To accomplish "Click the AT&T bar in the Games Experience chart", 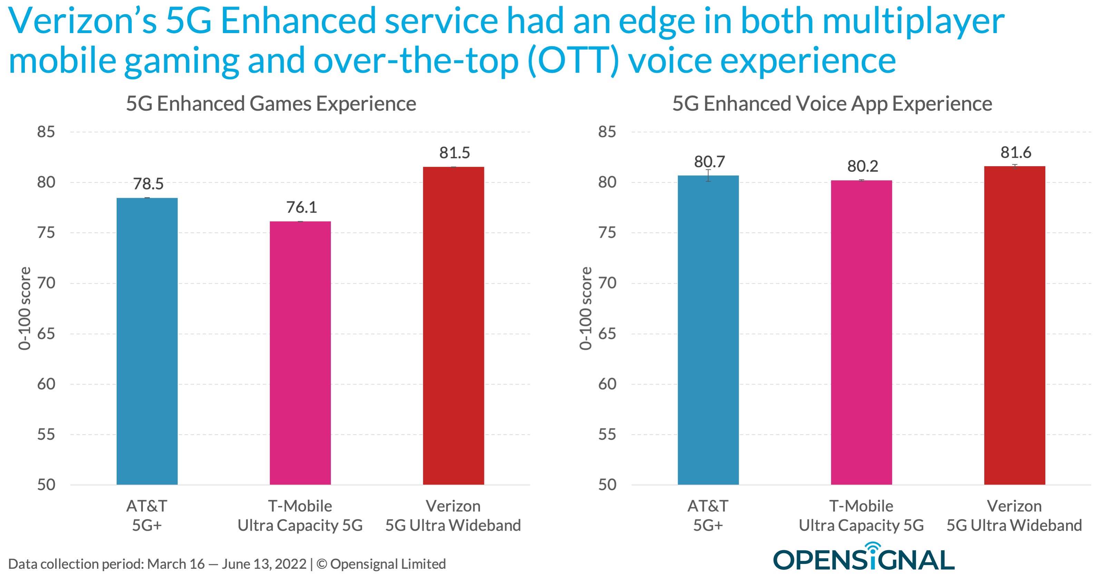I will point(147,341).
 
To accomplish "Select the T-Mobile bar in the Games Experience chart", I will point(300,353).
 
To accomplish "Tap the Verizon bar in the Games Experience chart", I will point(453,325).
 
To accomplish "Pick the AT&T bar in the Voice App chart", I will point(708,330).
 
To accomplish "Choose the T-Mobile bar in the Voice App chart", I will point(861,332).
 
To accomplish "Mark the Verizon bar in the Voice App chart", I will point(1014,325).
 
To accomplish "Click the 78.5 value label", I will point(148,184).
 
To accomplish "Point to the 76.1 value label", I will point(301,207).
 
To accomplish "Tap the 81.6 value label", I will point(1016,152).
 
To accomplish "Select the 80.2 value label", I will point(862,166).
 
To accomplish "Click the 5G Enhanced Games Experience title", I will point(271,104).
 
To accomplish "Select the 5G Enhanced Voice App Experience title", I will point(832,104).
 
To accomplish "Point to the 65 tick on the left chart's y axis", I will point(46,334).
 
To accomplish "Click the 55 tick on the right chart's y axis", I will point(607,434).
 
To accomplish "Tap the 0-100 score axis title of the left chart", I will point(25,309).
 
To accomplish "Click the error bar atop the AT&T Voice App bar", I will point(708,175).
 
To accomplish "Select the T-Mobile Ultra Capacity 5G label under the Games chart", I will point(300,516).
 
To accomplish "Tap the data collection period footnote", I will point(227,564).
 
